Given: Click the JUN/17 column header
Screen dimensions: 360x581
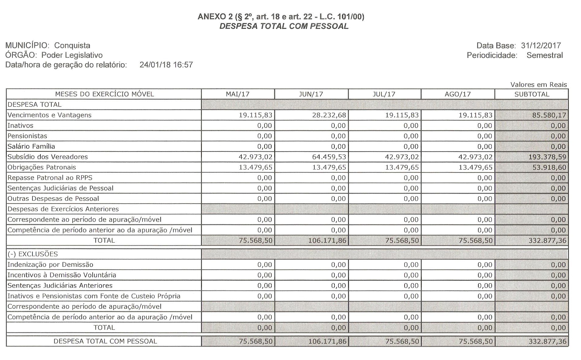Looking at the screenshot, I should [311, 94].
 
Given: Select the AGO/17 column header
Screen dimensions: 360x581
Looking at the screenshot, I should [457, 94].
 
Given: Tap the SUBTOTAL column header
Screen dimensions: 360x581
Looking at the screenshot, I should [531, 94].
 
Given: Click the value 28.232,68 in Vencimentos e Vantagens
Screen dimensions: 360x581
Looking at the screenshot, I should [329, 115].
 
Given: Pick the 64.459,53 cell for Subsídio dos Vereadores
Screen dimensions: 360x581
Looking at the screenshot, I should [329, 157].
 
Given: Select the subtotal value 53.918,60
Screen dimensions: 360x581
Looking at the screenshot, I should [549, 167].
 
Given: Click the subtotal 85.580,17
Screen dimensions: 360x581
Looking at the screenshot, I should [549, 115].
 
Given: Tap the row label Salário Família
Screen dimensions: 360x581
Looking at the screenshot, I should [31, 146].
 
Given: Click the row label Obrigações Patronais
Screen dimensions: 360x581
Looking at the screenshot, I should [42, 167].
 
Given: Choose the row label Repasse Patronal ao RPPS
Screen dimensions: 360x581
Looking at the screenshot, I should [50, 178].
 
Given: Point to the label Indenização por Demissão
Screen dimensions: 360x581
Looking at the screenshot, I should [50, 264].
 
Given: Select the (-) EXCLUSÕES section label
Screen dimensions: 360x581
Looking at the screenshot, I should [32, 254].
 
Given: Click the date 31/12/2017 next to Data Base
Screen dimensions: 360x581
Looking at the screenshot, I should [541, 46].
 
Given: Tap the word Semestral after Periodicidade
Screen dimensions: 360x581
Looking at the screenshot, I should [545, 55].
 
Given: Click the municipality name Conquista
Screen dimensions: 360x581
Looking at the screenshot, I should [72, 46].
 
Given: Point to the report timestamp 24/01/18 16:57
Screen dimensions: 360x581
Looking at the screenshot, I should [166, 65].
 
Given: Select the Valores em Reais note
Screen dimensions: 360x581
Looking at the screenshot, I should [538, 85].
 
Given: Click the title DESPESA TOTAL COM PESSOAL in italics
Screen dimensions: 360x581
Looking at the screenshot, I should [284, 26].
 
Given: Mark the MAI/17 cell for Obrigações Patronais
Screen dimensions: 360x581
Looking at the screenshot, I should [255, 167].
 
